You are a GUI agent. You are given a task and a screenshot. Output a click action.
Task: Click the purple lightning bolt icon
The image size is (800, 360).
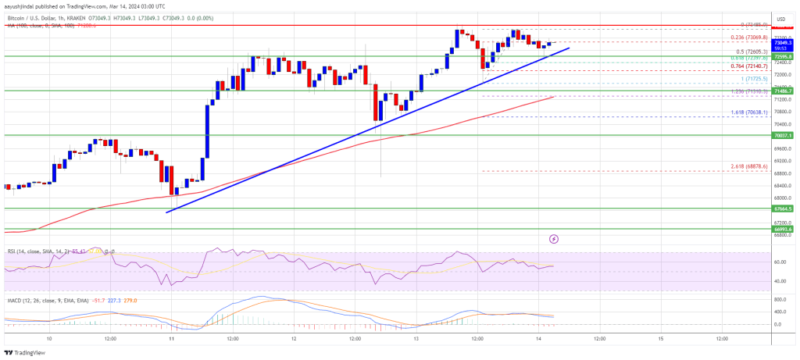click(554, 238)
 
